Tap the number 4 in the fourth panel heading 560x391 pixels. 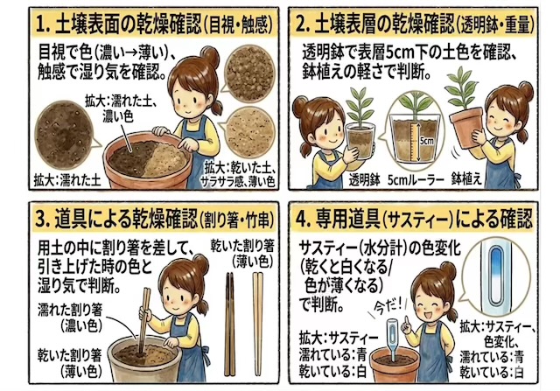pos(301,220)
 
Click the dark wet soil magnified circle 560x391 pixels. pos(64,135)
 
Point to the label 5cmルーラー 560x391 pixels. pos(416,180)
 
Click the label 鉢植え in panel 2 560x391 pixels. pos(466,179)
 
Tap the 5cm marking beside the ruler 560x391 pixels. pos(426,141)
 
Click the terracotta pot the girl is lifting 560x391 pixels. pos(466,128)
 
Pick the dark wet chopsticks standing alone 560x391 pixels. pos(229,324)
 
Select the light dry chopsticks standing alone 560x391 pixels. pos(258,324)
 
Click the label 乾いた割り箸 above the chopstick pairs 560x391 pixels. pos(242,246)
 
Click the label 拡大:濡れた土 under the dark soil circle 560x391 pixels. pos(67,180)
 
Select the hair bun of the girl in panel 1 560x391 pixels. pos(210,57)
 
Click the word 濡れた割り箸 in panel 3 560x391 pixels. pos(70,310)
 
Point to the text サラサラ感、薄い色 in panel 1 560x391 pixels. pos(238,182)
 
